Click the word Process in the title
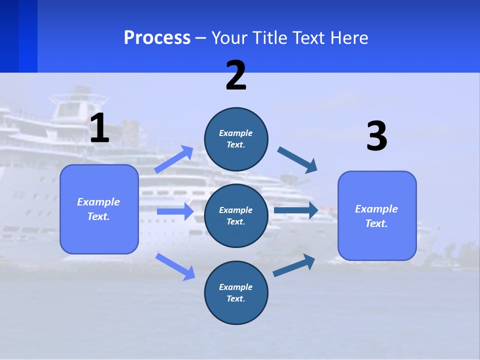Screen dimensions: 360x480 pos(157,37)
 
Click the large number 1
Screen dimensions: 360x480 pos(99,128)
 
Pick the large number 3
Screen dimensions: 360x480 pos(376,136)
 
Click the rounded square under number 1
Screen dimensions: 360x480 pos(99,209)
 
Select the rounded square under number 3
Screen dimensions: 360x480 pos(377,215)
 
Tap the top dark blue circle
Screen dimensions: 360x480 pos(236,139)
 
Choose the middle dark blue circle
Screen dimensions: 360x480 pos(236,215)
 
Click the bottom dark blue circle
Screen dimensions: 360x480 pos(236,292)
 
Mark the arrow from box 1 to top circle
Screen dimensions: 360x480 pos(173,159)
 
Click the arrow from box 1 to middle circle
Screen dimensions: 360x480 pos(174,211)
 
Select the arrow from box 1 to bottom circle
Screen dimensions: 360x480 pos(175,266)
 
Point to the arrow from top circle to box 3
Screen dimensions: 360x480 pos(297,160)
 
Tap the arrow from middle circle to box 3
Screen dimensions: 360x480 pos(295,210)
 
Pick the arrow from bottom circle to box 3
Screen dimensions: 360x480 pos(294,265)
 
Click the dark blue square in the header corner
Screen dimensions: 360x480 pos(18,36)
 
